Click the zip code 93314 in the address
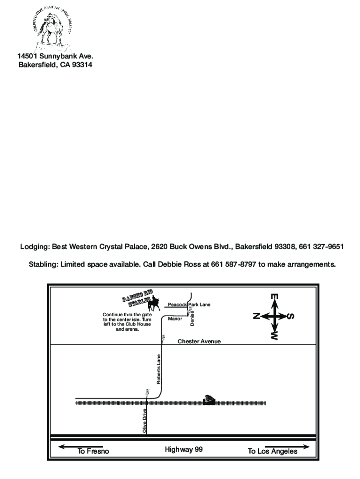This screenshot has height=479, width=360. (x=80, y=65)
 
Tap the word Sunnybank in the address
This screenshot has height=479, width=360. (x=58, y=56)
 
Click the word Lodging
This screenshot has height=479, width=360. (x=34, y=247)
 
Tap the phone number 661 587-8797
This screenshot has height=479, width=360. (x=235, y=264)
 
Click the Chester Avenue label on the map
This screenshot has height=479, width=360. (x=199, y=341)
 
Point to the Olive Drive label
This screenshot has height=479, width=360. (x=145, y=420)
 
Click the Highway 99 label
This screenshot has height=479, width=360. (x=184, y=450)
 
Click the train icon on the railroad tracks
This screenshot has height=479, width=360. (x=209, y=399)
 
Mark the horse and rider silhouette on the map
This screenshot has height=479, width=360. (x=154, y=305)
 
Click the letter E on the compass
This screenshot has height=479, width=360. (x=274, y=297)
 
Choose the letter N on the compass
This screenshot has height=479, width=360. (x=256, y=316)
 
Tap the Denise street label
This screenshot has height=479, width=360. (x=192, y=319)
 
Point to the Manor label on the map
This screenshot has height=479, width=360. (x=174, y=318)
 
